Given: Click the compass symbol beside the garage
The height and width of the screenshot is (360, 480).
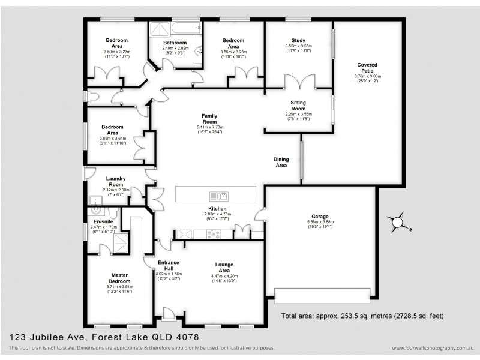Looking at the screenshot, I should pyautogui.click(x=397, y=223).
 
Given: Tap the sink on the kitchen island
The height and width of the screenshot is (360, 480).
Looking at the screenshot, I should pyautogui.click(x=217, y=196).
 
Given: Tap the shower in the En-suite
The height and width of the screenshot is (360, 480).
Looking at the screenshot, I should pyautogui.click(x=121, y=242).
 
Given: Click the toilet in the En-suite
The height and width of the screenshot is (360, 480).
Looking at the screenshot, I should pyautogui.click(x=114, y=213).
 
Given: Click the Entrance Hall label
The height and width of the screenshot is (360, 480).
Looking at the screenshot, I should pyautogui.click(x=169, y=266).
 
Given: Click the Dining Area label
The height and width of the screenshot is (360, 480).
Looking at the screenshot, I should pyautogui.click(x=281, y=162).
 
